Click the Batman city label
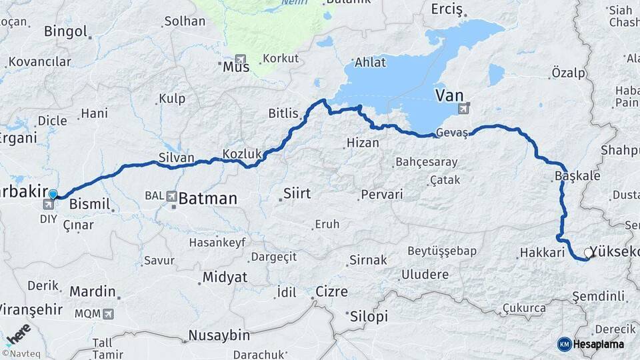(x=207, y=198)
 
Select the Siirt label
(x=297, y=193)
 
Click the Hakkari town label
(x=542, y=253)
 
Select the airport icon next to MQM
(x=108, y=313)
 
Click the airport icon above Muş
(x=240, y=59)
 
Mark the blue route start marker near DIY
(x=53, y=194)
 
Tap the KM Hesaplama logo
(x=591, y=344)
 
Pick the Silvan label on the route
(x=176, y=158)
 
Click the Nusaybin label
(x=219, y=335)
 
